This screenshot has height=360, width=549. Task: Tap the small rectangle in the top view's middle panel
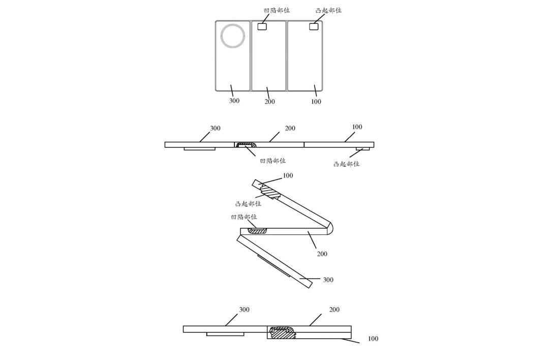(x=262, y=26)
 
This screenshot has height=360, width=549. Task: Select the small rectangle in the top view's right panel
(x=315, y=26)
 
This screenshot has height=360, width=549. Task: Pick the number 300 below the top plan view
(x=234, y=101)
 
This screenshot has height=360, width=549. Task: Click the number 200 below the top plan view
(x=269, y=102)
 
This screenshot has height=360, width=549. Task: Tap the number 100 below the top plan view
(x=316, y=102)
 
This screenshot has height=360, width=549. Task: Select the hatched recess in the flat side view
(x=247, y=146)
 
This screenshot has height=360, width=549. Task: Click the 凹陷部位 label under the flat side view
(x=272, y=161)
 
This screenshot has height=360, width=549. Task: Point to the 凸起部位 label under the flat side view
(x=347, y=164)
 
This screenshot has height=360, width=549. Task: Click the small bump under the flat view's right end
(x=363, y=149)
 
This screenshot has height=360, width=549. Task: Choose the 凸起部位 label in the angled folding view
(x=248, y=203)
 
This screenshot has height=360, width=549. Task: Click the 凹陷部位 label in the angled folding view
(x=244, y=217)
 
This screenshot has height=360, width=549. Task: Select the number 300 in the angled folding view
(x=328, y=280)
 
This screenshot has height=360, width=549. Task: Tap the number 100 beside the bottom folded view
(x=373, y=339)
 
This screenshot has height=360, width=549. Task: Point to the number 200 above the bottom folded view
(x=334, y=310)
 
